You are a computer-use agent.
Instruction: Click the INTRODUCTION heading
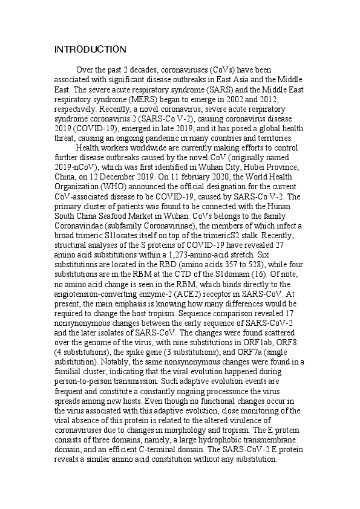90,49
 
